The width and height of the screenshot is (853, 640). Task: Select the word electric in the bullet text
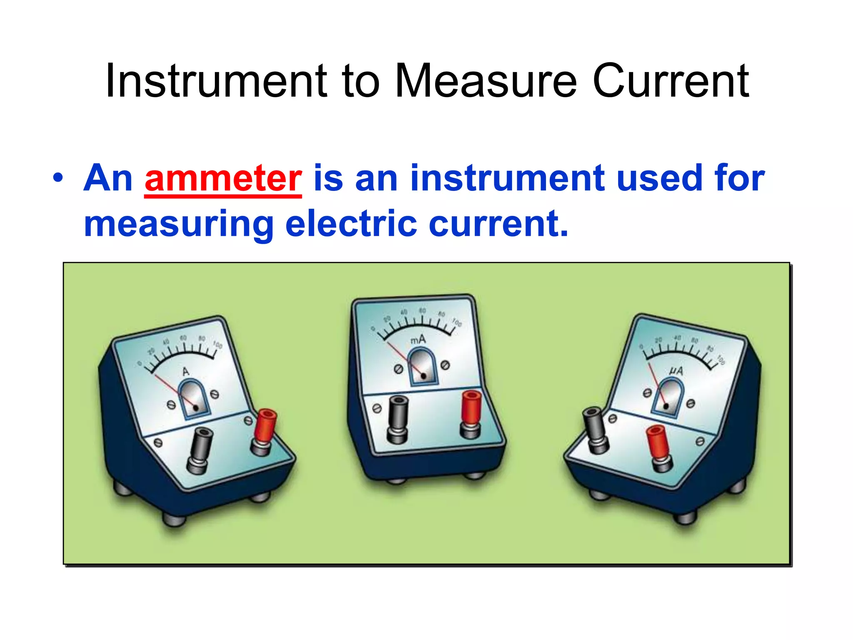click(x=351, y=224)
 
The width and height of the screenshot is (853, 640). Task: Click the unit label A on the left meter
click(x=186, y=372)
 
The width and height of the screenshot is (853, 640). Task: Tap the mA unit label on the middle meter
click(x=418, y=340)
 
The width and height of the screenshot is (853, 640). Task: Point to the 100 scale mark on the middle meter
click(x=457, y=322)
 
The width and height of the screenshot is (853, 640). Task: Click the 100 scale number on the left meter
click(x=218, y=345)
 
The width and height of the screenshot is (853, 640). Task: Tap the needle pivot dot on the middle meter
click(x=424, y=376)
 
